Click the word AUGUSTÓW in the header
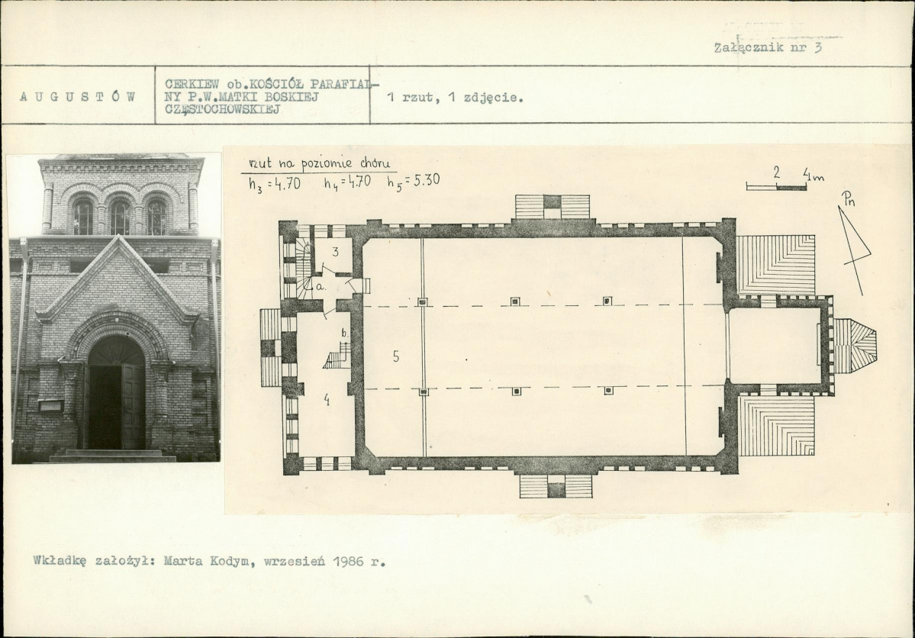78,96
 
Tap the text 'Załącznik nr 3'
768,48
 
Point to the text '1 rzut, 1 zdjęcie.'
456,98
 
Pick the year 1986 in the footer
350,562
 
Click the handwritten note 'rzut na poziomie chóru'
319,163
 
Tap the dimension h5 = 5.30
414,181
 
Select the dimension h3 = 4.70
274,183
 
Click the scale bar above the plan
776,187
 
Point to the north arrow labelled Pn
855,242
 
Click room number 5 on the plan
396,356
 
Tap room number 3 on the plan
336,252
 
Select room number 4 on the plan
327,400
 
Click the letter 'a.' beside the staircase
321,287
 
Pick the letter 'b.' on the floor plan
345,333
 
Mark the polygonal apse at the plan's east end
854,347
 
